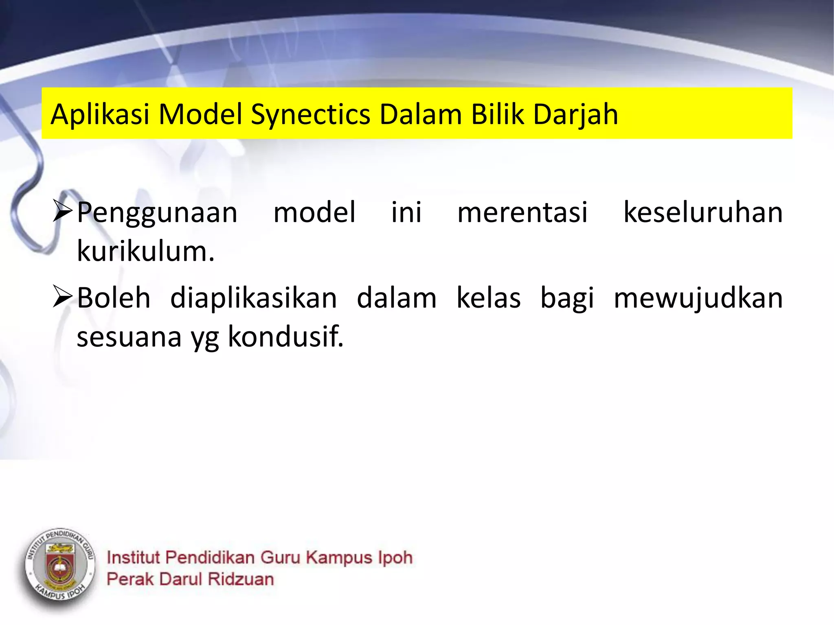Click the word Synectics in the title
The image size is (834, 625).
pos(310,115)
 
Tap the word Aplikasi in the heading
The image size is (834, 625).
pos(100,115)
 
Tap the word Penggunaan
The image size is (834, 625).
pos(157,213)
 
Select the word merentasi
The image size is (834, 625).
pos(522,212)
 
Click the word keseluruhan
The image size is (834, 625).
pos(703,212)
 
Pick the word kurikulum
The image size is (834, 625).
pos(145,251)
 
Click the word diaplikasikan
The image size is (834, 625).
pos(253,298)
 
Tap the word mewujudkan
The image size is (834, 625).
pos(698,298)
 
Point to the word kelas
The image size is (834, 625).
pos(488,298)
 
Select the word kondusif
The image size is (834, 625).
pos(285,337)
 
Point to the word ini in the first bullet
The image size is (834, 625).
pos(406,212)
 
